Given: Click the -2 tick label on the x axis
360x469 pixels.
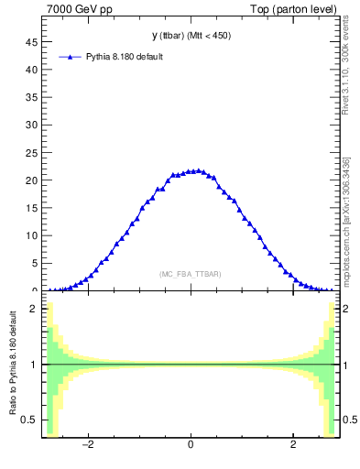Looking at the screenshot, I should (x=88, y=446).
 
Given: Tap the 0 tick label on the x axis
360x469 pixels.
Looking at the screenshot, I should (x=190, y=446).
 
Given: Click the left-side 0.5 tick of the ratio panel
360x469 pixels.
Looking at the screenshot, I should (x=30, y=420).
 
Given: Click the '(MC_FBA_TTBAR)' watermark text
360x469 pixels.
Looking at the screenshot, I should (x=190, y=274).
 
